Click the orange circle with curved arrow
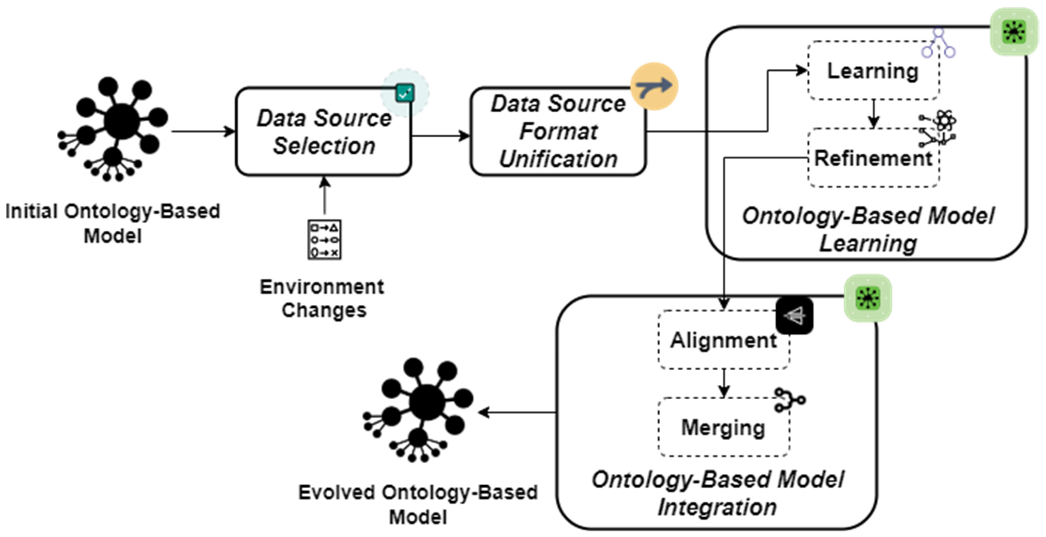coord(654,86)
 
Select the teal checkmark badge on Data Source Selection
coord(405,93)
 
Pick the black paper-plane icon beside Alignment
coord(794,315)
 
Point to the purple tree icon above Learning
coord(938,43)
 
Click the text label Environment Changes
coord(322,298)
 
